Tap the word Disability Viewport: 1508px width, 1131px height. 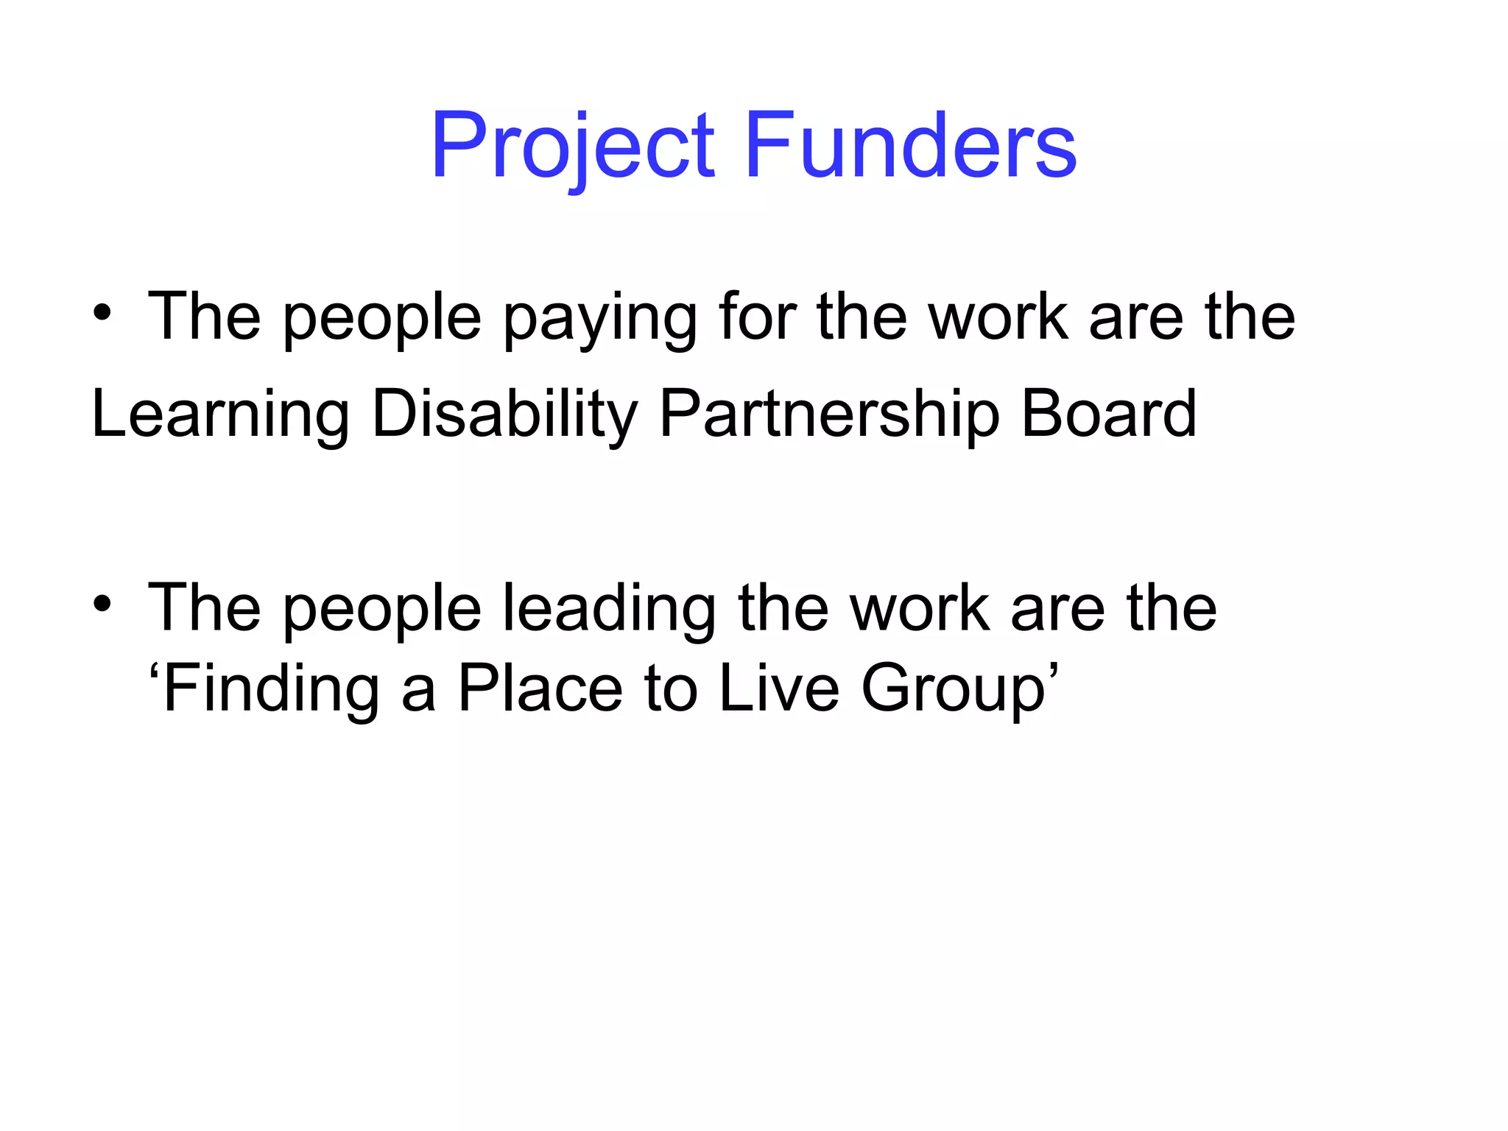tap(505, 415)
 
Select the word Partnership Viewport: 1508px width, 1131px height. tap(829, 415)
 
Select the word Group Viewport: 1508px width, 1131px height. tap(953, 691)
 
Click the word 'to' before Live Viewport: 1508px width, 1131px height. tap(671, 689)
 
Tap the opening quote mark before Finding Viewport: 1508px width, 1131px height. tap(155, 672)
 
